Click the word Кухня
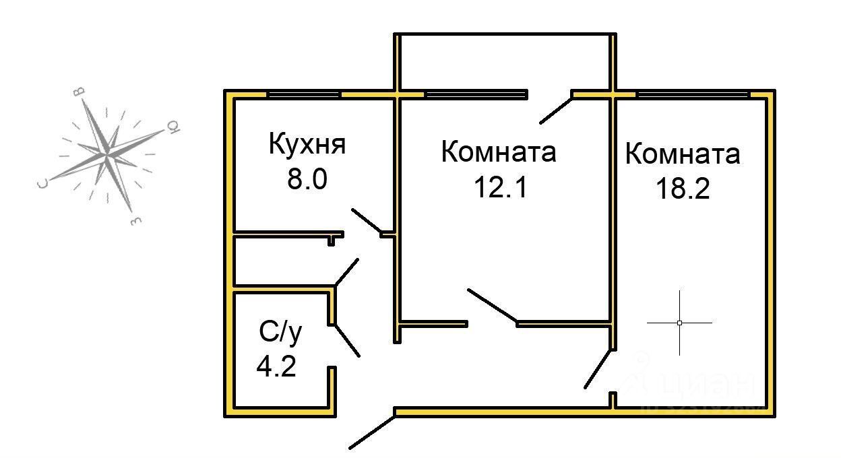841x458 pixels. click(307, 145)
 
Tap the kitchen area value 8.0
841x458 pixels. click(307, 180)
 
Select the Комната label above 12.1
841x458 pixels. click(499, 152)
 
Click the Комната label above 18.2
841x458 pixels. click(683, 154)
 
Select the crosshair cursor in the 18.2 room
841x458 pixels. click(679, 323)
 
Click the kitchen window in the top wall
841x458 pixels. click(304, 94)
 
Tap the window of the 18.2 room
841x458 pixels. click(693, 94)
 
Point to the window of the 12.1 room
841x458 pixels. click(475, 94)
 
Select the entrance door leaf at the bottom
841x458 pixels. click(371, 432)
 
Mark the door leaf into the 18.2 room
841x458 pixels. click(598, 368)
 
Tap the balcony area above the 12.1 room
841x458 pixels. click(505, 61)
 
